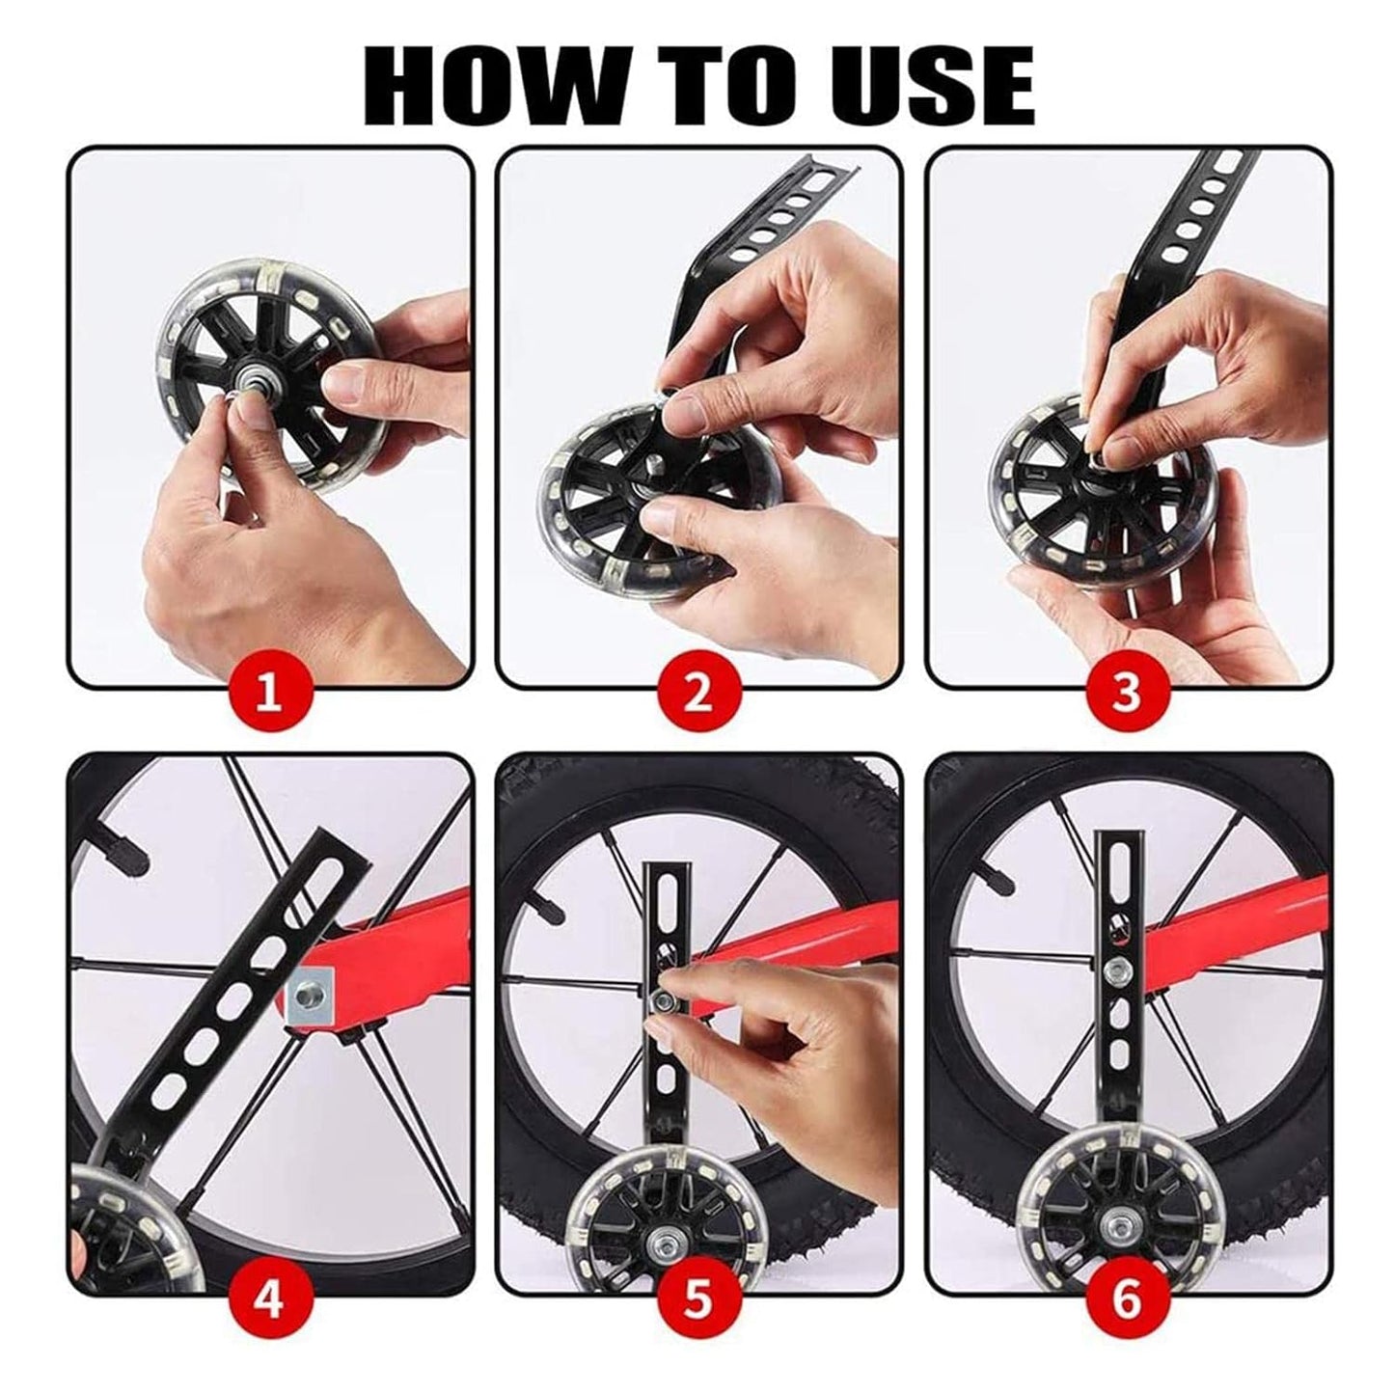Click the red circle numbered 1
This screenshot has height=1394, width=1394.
pos(270,693)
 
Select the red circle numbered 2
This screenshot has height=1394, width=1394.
pos(699,693)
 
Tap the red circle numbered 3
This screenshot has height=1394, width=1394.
pos(1127,693)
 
